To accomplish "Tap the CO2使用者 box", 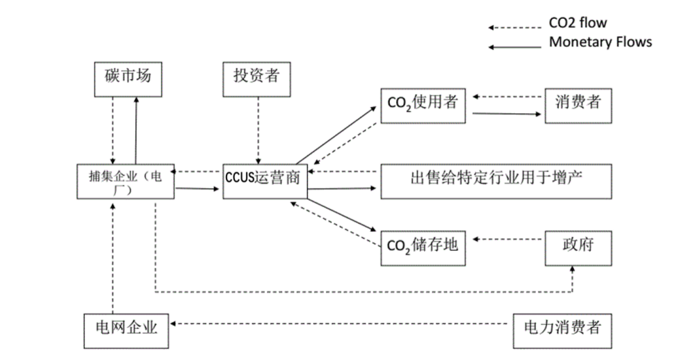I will pos(423,105).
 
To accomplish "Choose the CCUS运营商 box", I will pos(264,182).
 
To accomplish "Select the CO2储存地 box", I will pos(423,247).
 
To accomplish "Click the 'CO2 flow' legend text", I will pos(577,23).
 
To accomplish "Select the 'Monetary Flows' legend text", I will pos(600,42).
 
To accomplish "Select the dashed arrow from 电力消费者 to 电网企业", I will pos(341,323).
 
